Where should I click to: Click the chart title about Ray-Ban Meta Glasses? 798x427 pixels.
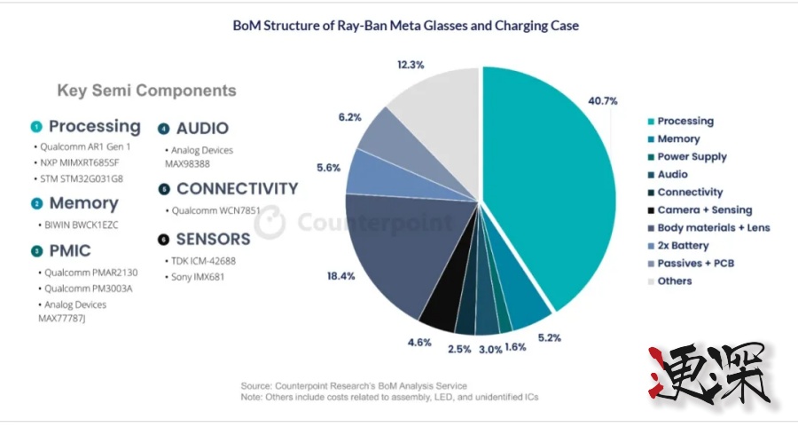click(405, 26)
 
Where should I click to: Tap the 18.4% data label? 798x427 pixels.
click(341, 276)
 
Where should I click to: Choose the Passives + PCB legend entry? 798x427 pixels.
click(695, 263)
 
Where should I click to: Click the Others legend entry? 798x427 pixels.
click(674, 281)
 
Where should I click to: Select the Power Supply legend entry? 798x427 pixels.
click(692, 156)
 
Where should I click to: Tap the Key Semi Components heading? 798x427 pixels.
click(146, 91)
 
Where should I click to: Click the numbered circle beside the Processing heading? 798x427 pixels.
click(36, 127)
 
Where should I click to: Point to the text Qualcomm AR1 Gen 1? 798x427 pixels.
click(86, 146)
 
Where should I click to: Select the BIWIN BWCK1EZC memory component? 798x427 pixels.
click(81, 225)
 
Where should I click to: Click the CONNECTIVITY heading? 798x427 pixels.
click(237, 189)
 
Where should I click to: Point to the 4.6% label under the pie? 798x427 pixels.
click(419, 341)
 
